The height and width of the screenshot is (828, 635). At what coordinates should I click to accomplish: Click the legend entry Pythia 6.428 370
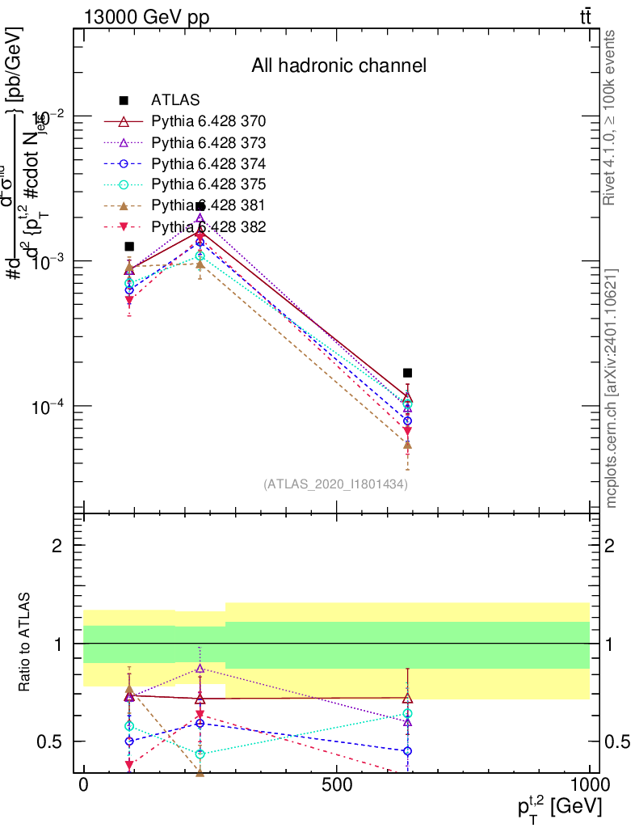208,122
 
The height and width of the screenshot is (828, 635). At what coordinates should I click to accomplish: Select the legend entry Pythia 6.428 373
208,143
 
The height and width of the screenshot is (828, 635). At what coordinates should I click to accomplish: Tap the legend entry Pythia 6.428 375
208,184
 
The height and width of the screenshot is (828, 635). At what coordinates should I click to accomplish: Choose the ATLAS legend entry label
175,101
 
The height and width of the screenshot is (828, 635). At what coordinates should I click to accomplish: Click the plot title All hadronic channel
338,66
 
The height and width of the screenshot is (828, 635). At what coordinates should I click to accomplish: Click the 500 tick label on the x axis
336,785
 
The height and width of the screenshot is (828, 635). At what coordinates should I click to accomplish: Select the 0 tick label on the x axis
83,785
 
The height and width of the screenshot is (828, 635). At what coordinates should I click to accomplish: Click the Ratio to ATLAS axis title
26,644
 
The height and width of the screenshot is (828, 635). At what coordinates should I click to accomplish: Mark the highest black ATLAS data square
200,207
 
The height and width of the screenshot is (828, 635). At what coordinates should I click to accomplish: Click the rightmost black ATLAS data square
408,373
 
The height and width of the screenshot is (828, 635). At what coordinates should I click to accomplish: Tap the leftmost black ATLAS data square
129,247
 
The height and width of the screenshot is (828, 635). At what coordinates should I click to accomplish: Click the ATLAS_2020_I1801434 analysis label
335,484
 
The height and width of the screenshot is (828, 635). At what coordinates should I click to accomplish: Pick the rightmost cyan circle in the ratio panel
408,713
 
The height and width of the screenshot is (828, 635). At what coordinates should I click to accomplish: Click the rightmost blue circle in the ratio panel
408,751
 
